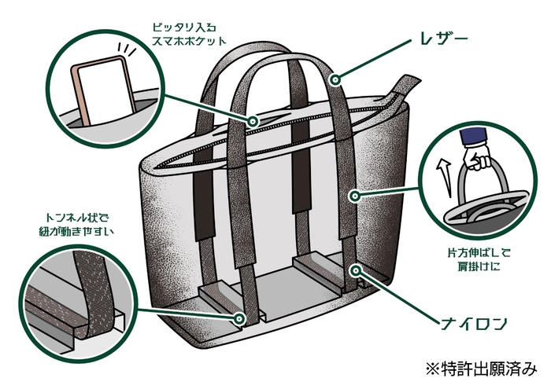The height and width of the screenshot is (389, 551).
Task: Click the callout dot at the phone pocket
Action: coord(253,121)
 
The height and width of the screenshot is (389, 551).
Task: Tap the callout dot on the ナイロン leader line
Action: coord(358,270)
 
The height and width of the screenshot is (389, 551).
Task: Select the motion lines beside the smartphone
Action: coord(128,53)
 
